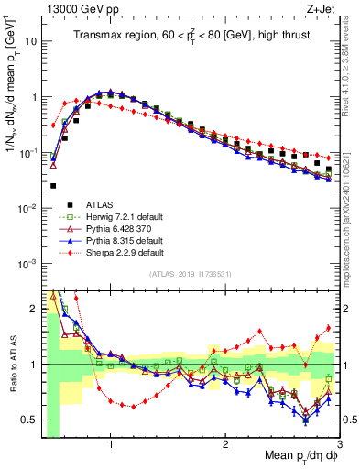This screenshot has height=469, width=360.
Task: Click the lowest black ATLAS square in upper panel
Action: (x=53, y=185)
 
